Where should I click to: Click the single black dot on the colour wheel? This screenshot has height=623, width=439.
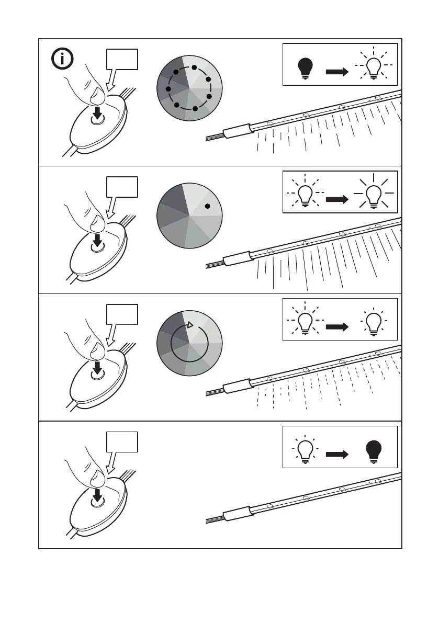point(207,206)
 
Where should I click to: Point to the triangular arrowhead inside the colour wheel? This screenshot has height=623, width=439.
point(190,325)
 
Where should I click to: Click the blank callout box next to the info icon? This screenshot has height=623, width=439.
point(122,60)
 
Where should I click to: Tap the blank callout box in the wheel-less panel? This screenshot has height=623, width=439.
point(122,442)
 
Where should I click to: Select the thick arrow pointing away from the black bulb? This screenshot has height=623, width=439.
point(337,72)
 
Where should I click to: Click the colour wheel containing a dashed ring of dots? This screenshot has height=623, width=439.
point(189,88)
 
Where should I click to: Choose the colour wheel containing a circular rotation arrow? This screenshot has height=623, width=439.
point(189,343)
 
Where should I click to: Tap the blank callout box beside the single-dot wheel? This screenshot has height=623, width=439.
point(122,187)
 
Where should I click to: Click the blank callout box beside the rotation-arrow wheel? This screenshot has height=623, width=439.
point(122,314)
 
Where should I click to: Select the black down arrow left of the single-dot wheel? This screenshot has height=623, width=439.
point(97,240)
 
